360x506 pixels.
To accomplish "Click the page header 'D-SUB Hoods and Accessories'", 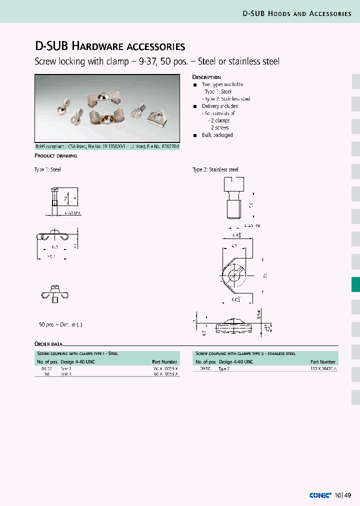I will point(297,13).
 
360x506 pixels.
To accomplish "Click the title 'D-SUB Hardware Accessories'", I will point(110,46).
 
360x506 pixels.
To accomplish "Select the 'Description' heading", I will point(206,77).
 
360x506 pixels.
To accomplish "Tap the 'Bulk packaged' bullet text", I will point(217,135).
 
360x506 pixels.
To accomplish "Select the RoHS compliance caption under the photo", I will point(106,147).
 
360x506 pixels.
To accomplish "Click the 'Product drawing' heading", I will point(55,156).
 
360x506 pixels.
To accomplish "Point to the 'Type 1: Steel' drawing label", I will point(47,169).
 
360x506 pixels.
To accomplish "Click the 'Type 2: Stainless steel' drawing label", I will point(215,169).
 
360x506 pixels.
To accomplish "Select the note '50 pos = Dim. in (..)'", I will point(60,324).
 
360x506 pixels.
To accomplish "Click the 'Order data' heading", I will point(48,344).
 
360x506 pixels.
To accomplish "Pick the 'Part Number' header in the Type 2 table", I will point(322,361).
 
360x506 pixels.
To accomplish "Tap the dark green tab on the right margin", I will point(355,284).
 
